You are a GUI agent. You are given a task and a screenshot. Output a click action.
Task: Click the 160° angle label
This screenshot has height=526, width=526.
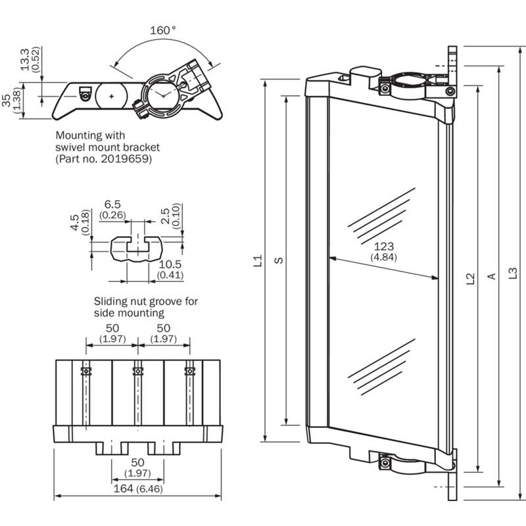pyautogui.click(x=163, y=30)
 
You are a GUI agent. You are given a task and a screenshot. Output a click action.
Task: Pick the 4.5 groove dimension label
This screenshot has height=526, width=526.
pyautogui.click(x=74, y=220)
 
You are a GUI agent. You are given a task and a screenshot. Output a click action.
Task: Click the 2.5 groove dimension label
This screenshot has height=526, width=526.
pyautogui.click(x=165, y=215)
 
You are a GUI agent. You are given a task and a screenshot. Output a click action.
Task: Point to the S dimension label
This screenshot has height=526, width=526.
pyautogui.click(x=279, y=261)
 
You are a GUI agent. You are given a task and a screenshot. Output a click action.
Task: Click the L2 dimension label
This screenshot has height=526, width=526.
pyautogui.click(x=470, y=279)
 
